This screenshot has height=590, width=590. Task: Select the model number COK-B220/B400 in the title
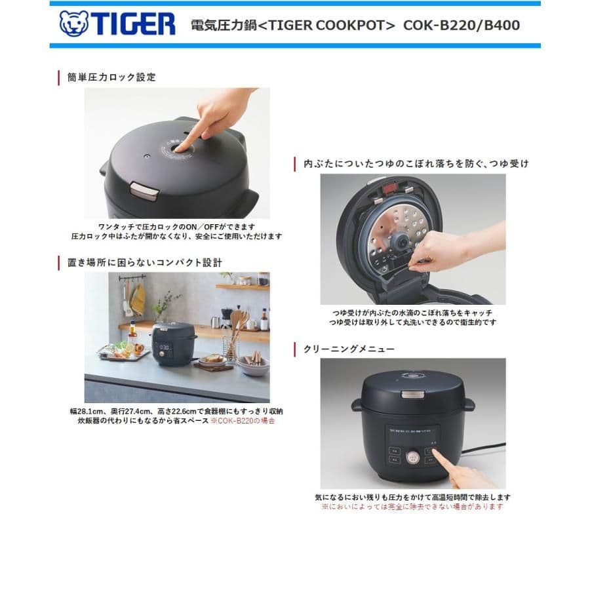[x=462, y=26]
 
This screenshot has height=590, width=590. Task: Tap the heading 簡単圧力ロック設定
[x=111, y=77]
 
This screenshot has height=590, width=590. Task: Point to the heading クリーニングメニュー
[x=349, y=349]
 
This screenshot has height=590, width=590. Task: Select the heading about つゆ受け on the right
[x=416, y=163]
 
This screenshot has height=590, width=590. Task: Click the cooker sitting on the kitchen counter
[x=173, y=342]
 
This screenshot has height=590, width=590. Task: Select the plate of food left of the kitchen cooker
[x=120, y=351]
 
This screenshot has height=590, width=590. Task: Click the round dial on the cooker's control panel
[x=413, y=456]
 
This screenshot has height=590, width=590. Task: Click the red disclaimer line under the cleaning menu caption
[x=412, y=507]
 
